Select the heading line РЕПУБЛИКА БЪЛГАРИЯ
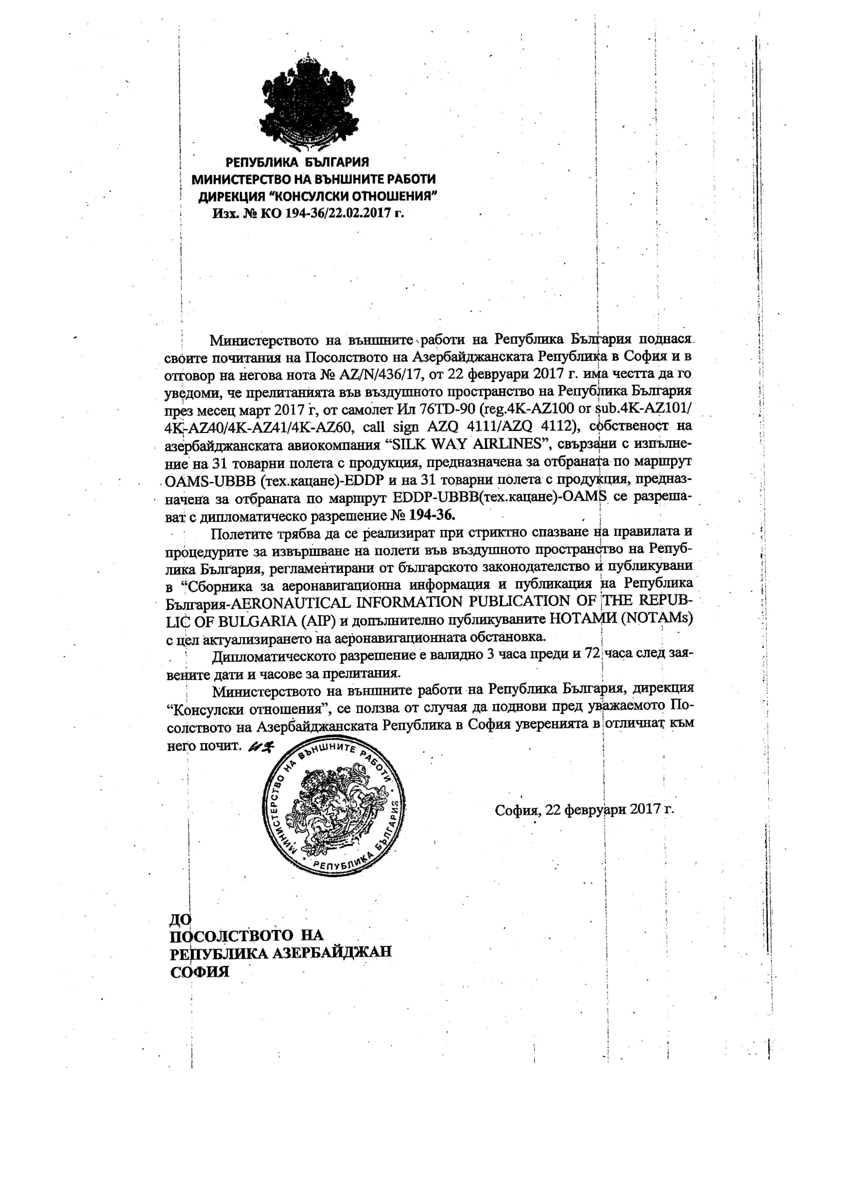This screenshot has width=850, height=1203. [x=297, y=163]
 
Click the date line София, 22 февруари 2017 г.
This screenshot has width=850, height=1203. [x=584, y=810]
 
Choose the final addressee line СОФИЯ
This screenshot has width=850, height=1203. [x=200, y=973]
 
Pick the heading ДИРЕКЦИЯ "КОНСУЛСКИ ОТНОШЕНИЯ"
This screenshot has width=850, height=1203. [x=318, y=196]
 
